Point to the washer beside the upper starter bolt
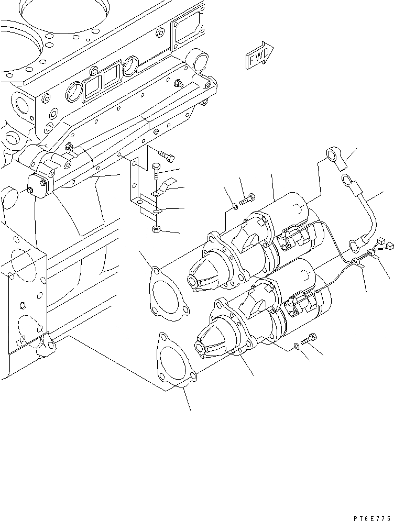coord(234,205)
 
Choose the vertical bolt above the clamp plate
coord(156,171)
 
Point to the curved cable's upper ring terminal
coord(347,181)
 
